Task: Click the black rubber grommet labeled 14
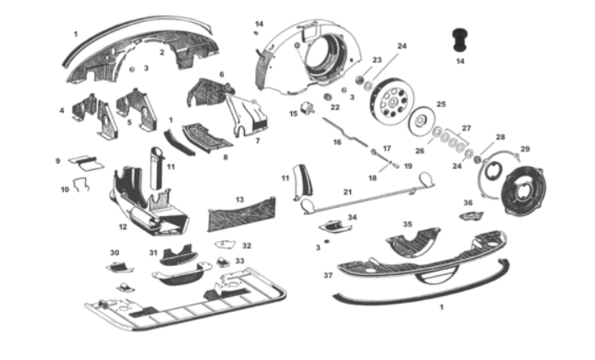click(460, 37)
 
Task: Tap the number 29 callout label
click(525, 149)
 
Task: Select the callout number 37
click(327, 273)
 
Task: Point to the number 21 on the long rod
click(347, 192)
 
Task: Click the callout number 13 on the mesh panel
click(240, 199)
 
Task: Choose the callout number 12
click(123, 226)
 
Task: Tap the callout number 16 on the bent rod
click(337, 143)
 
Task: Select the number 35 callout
click(406, 225)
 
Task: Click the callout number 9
click(58, 161)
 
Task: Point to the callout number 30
click(114, 252)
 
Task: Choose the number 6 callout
click(222, 74)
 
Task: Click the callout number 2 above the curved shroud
click(162, 29)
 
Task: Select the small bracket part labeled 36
click(467, 215)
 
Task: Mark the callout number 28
click(500, 137)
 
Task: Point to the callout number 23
click(376, 60)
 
